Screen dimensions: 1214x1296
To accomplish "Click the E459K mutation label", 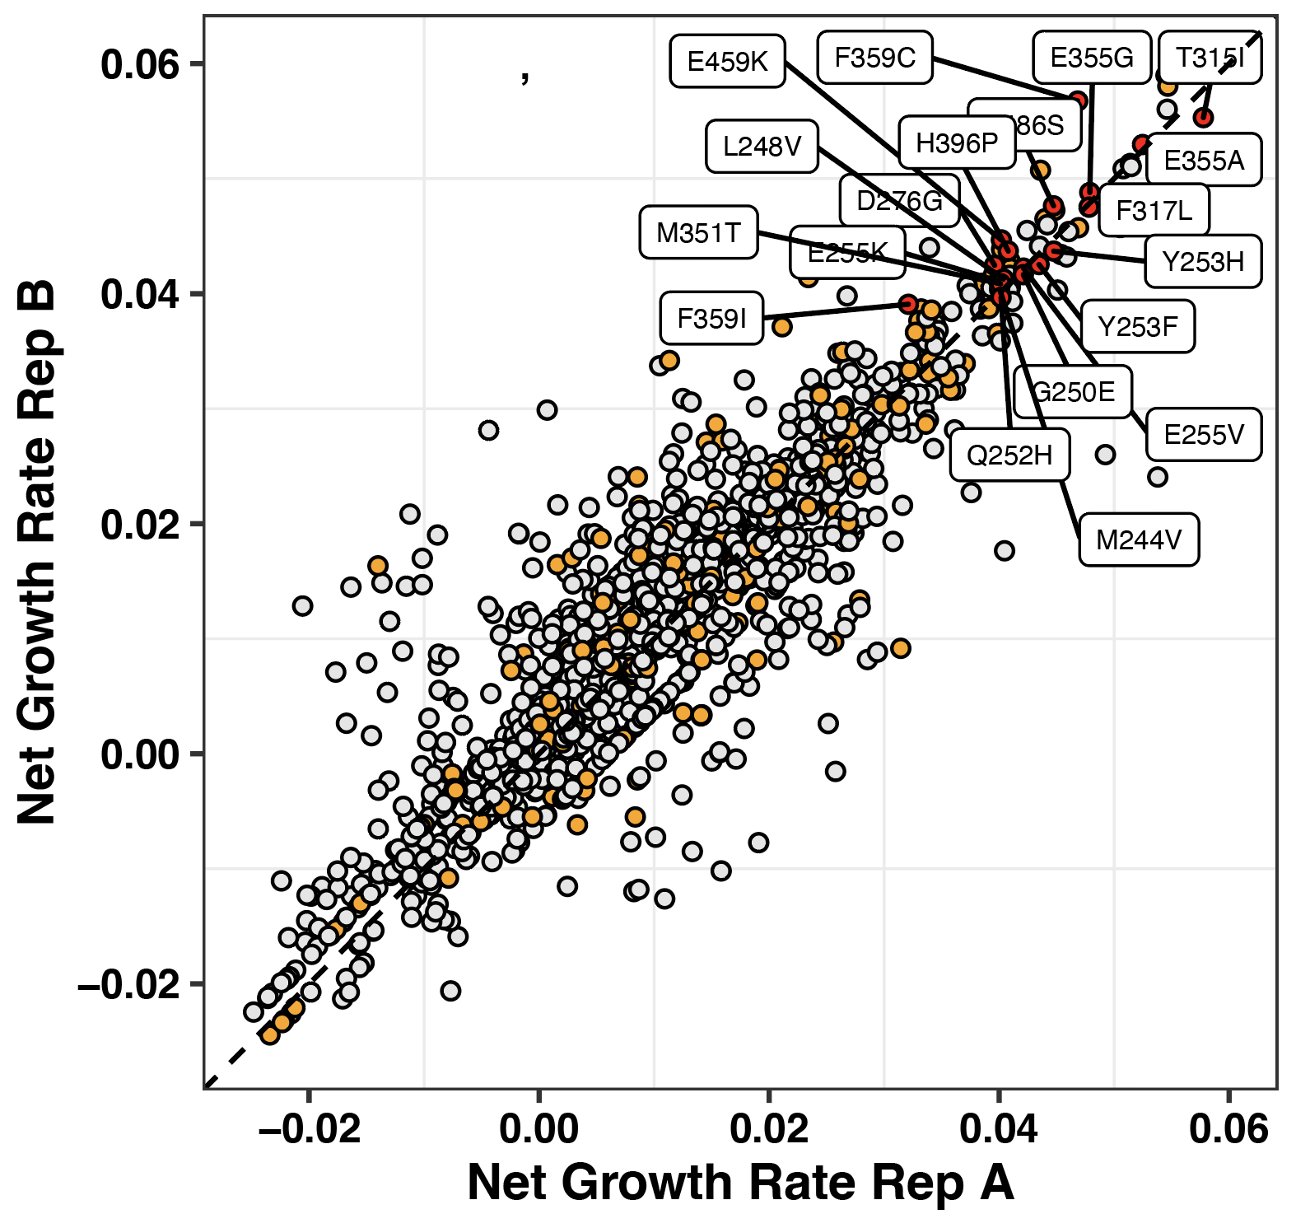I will tap(727, 61).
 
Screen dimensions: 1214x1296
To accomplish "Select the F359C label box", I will tap(874, 58).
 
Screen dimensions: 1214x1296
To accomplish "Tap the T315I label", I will tap(1210, 58).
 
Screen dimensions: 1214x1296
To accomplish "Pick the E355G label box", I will tap(1092, 58).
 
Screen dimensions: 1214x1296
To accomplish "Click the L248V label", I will tap(762, 147).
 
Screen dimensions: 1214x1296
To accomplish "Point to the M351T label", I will tap(698, 232).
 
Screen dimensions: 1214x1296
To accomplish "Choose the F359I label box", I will tap(711, 318).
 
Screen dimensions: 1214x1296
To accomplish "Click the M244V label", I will tap(1139, 540).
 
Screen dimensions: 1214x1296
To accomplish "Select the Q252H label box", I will tap(1009, 455).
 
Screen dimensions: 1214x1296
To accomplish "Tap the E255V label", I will tap(1203, 434).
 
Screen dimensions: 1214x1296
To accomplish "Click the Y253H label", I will tap(1203, 262).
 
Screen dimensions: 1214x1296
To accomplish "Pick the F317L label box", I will tap(1154, 211).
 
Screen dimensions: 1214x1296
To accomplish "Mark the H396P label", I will tap(957, 143).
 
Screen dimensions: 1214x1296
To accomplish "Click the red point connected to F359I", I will tap(907, 304).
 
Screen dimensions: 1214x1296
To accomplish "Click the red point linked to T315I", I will tap(1203, 118).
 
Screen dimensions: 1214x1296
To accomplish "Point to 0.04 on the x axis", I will tap(998, 1128).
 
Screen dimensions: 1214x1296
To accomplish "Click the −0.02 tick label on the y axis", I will tap(129, 985).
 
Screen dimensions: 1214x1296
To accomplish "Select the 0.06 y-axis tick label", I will tap(140, 64).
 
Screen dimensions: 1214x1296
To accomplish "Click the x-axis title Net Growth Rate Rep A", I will tap(739, 1183).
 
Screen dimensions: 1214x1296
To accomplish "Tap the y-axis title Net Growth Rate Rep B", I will tap(38, 552).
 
